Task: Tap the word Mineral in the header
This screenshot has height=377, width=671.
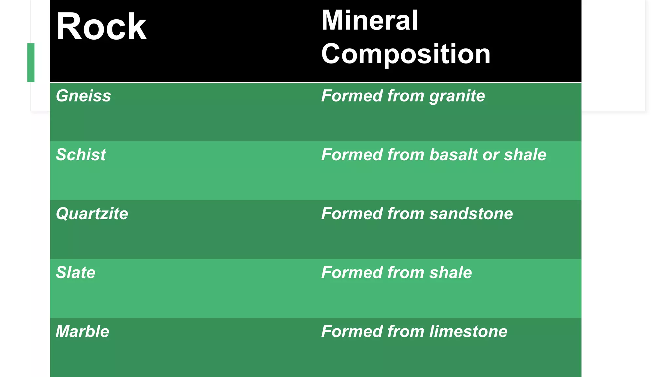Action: [x=369, y=20]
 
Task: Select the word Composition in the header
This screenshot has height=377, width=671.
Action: [x=406, y=54]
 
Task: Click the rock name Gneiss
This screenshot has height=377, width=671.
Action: [x=83, y=96]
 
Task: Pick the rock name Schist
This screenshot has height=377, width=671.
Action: [x=81, y=155]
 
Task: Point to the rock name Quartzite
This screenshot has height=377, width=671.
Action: [x=92, y=214]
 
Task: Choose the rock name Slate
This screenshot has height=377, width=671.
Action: [x=75, y=273]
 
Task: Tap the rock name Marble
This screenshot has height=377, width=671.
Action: [x=82, y=332]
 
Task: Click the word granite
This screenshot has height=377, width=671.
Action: [x=457, y=96]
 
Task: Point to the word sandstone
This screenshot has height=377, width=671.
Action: [x=471, y=214]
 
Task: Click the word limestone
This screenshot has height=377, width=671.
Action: [x=468, y=332]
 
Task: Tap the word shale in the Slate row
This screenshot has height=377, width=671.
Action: [x=451, y=273]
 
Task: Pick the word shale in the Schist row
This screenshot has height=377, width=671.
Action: [x=525, y=155]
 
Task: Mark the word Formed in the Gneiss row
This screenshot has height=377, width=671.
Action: [x=352, y=96]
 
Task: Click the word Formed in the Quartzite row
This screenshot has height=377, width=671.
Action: [x=352, y=214]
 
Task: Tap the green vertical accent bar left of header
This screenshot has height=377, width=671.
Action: [x=31, y=63]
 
